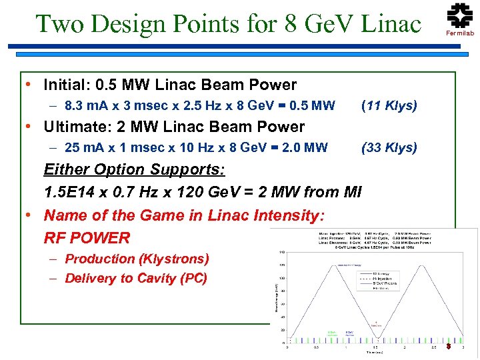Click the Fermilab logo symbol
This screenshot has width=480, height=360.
[x=460, y=15]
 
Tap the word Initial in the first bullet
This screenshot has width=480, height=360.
[x=66, y=85]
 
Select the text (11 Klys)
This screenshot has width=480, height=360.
[x=389, y=105]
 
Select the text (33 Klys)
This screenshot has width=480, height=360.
[x=389, y=147]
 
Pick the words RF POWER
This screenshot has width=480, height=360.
[x=87, y=238]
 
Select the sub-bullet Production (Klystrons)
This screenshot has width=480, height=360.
[x=137, y=259]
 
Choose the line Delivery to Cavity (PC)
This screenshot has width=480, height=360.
[x=136, y=279]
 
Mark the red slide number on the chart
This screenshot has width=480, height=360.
[x=449, y=347]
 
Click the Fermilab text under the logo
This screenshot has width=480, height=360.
[x=460, y=33]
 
